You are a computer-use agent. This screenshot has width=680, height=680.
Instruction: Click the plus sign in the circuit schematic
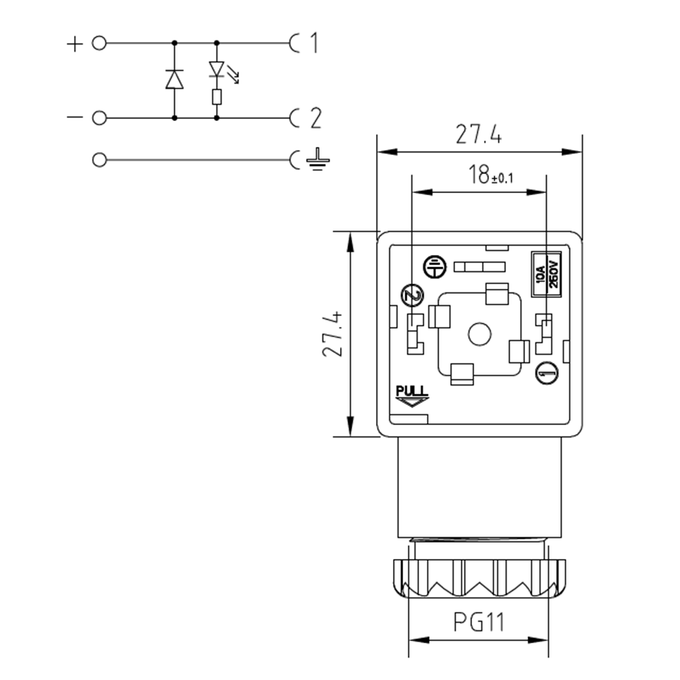(x=73, y=44)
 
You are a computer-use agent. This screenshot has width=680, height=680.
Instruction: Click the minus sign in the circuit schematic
(x=73, y=118)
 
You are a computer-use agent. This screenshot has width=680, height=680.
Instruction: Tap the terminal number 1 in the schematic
(x=313, y=44)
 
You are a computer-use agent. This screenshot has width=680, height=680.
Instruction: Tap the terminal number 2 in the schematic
(x=315, y=118)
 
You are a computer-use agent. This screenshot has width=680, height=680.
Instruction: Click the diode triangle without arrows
(x=175, y=80)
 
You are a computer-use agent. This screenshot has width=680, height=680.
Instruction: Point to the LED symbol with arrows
(x=217, y=69)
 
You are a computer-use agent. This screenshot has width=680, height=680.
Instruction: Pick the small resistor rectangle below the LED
(x=217, y=97)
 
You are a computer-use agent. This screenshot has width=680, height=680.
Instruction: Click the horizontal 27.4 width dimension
(x=479, y=135)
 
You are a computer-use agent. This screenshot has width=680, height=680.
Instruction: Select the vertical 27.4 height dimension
(x=331, y=334)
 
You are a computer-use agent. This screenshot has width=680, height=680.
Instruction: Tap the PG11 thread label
(x=479, y=621)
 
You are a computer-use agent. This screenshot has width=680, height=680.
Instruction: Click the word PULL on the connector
(x=411, y=391)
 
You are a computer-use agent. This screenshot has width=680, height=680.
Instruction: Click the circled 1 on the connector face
(x=546, y=372)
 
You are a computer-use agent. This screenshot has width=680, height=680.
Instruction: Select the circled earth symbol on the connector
(x=434, y=267)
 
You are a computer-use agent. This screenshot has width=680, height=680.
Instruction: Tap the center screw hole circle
(x=480, y=335)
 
